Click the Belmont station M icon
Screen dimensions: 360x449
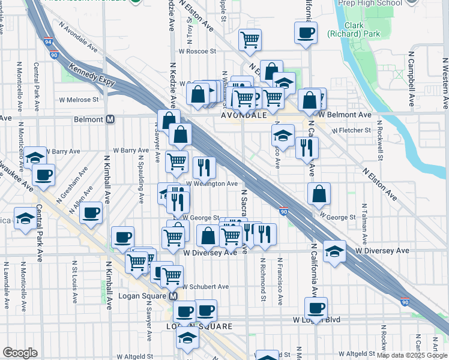coord(110,119)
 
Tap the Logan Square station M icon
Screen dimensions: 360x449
coord(173,296)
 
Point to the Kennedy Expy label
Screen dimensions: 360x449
coord(90,74)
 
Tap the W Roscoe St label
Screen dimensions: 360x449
coord(195,52)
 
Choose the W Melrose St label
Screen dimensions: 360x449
coord(78,100)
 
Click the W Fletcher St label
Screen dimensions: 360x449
coord(349,130)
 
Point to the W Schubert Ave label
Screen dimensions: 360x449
coord(205,287)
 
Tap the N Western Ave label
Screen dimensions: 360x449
coord(445,83)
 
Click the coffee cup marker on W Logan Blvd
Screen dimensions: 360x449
coord(316,308)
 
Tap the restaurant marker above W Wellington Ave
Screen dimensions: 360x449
coord(204,167)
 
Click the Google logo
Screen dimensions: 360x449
coord(20,353)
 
